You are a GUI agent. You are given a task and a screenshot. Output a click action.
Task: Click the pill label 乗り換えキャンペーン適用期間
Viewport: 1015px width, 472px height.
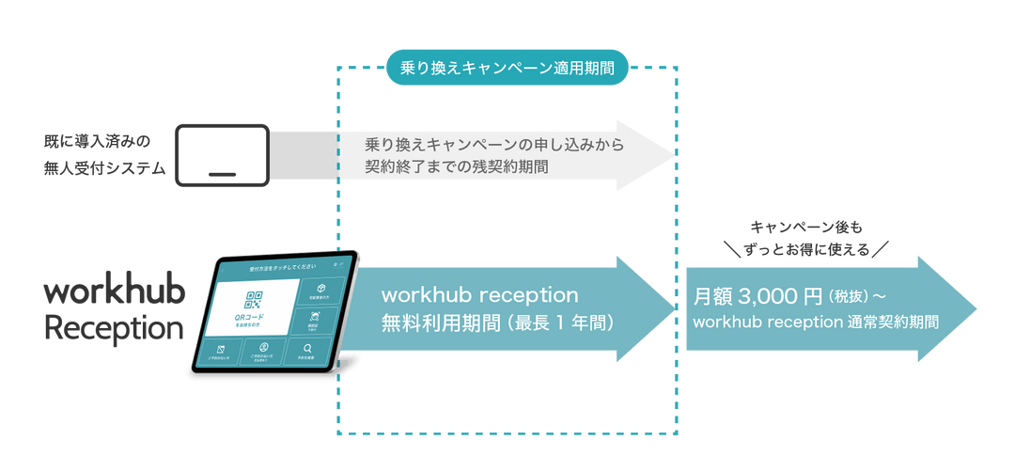click(507, 68)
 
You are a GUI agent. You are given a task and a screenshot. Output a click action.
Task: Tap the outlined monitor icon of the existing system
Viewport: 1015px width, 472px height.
click(223, 154)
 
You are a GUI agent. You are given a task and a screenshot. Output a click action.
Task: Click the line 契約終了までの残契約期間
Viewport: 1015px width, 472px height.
click(458, 168)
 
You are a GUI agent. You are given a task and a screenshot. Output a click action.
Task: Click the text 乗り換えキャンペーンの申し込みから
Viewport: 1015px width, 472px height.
click(494, 145)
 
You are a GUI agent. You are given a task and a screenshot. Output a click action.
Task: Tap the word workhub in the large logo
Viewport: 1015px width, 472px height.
click(115, 292)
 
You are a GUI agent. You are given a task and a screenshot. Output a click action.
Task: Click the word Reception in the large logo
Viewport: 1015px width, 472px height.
click(114, 329)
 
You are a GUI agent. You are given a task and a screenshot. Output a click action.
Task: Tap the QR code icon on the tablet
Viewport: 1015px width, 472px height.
click(254, 301)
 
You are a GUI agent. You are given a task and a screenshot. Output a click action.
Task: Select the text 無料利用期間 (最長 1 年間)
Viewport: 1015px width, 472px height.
click(497, 323)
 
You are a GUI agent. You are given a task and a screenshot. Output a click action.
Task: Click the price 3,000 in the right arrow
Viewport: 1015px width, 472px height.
click(766, 297)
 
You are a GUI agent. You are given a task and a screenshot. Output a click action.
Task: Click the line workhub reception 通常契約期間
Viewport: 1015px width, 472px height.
click(816, 323)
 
